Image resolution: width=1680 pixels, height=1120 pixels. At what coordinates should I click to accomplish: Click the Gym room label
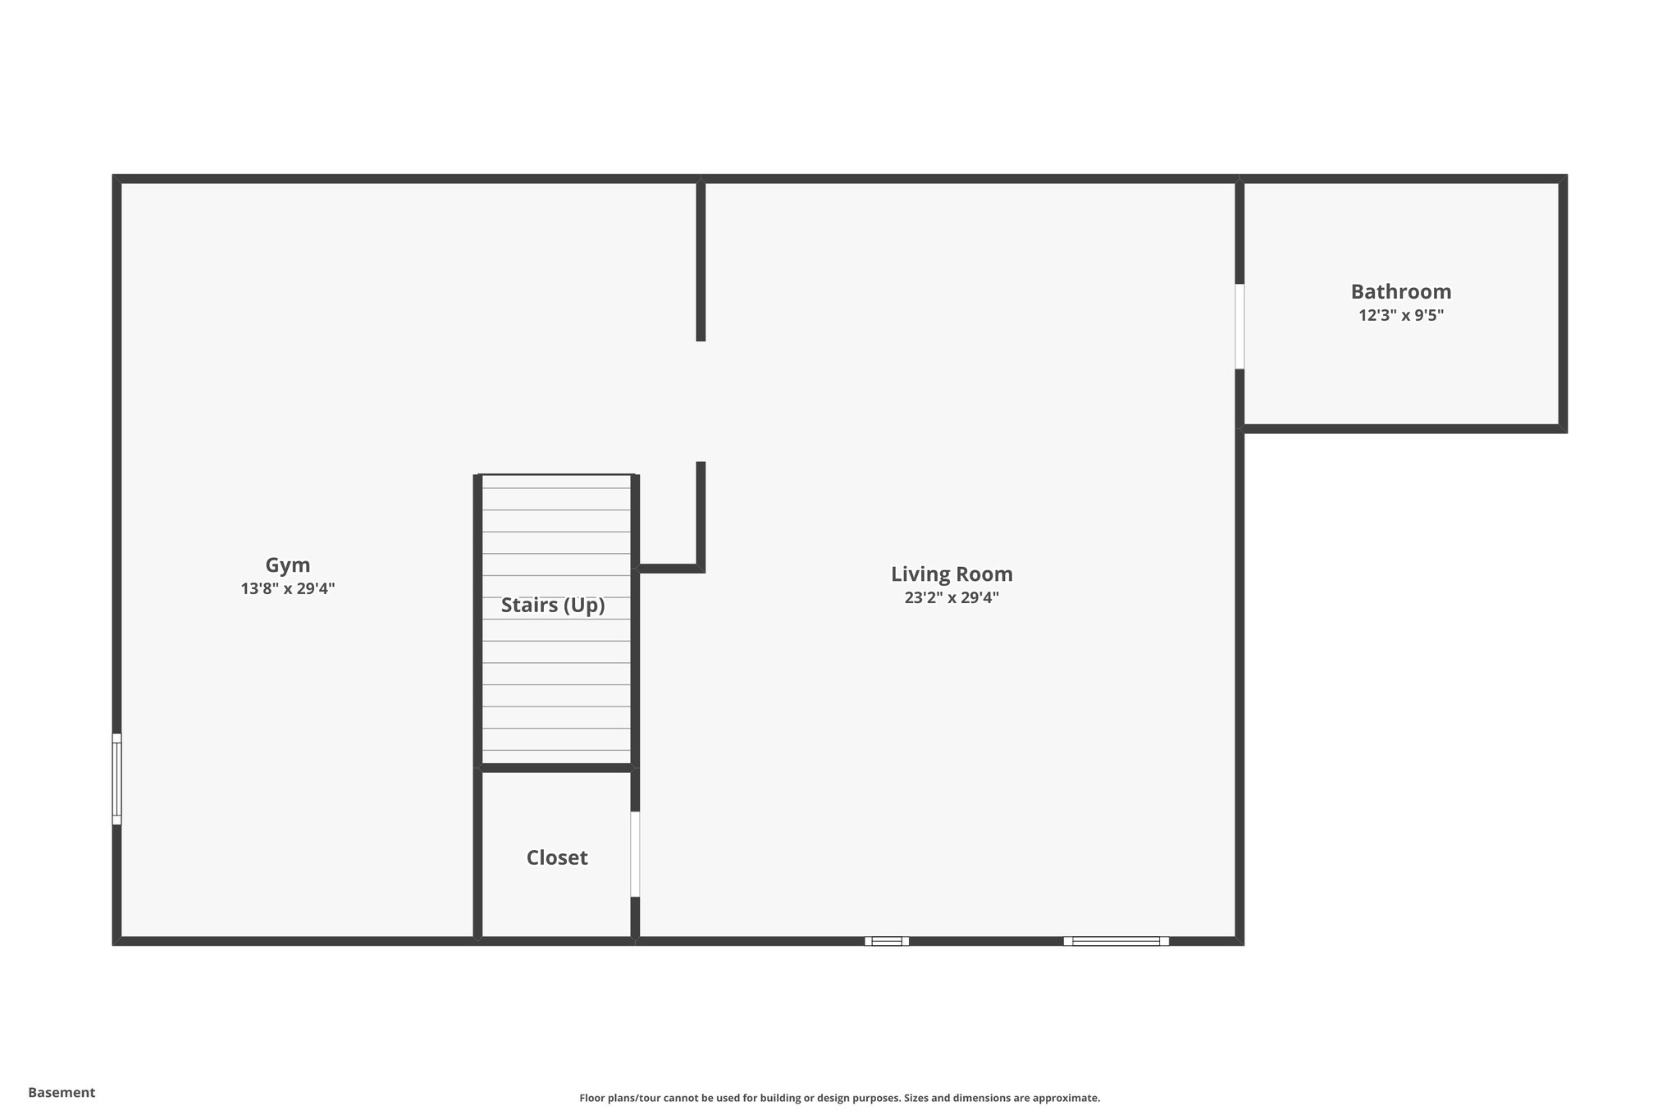(287, 565)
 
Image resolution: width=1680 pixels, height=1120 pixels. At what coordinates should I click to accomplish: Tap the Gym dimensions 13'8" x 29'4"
(287, 588)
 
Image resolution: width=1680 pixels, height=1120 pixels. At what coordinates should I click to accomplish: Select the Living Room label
(952, 574)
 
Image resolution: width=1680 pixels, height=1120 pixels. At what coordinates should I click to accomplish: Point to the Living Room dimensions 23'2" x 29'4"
(952, 597)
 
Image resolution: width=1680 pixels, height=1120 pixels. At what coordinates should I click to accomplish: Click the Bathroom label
(1400, 292)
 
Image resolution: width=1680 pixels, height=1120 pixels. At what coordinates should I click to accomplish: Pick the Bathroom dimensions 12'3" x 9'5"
(1400, 315)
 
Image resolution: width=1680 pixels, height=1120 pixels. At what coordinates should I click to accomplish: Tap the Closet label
(557, 858)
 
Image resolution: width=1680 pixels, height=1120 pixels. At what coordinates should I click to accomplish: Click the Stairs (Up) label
(553, 606)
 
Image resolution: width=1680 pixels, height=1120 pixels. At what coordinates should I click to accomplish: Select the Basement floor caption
(62, 1092)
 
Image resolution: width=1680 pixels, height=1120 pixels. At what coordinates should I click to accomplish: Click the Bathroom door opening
(1239, 327)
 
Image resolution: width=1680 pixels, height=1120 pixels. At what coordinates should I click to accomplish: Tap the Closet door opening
(635, 854)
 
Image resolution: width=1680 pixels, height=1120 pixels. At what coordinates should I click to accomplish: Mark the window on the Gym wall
(116, 779)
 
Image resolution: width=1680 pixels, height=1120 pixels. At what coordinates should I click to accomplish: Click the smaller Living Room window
(887, 941)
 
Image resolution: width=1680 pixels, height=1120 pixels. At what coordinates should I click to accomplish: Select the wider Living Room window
(1116, 941)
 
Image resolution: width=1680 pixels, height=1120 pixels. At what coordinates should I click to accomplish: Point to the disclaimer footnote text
(839, 1098)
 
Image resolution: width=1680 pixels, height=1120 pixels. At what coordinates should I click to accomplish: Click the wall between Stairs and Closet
(556, 768)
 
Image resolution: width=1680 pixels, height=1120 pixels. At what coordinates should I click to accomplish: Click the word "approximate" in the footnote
(1065, 1098)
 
